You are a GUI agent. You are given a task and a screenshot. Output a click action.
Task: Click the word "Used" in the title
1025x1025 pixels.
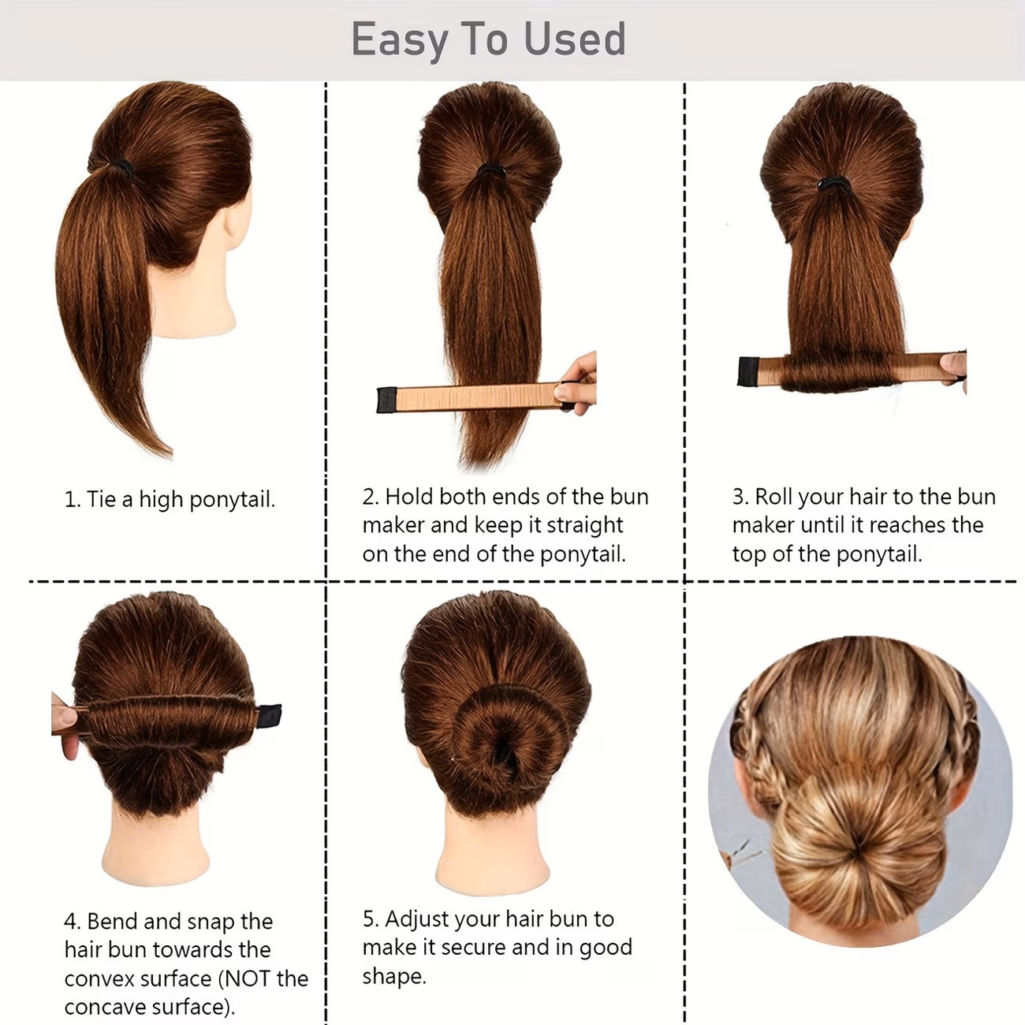(575, 39)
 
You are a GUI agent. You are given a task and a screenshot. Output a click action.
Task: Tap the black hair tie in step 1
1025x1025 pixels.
(122, 167)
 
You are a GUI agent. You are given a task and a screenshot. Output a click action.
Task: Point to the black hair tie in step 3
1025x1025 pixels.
(833, 184)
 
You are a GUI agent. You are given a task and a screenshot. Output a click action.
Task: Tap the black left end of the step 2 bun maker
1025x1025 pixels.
(386, 400)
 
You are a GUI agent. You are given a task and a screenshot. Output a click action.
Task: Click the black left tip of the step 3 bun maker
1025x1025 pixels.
(748, 371)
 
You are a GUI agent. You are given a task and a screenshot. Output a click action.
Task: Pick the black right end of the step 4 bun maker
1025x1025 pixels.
(270, 716)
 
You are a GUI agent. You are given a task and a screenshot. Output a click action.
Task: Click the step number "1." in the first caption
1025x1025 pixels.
(73, 500)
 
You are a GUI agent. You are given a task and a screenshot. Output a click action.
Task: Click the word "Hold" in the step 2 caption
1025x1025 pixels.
(409, 497)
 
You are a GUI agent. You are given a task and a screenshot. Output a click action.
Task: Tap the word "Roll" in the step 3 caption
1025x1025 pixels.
(773, 497)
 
